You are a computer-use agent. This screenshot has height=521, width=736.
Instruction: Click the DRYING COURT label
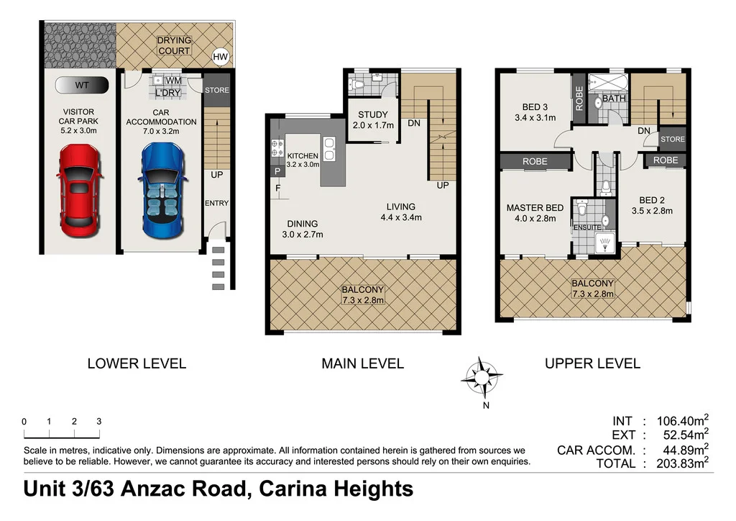click(174, 46)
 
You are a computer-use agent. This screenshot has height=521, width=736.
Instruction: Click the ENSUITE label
click(586, 227)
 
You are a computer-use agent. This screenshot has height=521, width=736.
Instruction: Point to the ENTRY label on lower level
click(216, 204)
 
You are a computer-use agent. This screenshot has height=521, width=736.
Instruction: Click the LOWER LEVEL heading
click(137, 363)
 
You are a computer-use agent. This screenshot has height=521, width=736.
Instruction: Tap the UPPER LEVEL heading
click(592, 363)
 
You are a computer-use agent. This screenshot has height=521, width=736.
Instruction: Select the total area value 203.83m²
click(678, 464)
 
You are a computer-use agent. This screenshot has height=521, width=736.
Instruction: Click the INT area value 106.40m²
click(678, 422)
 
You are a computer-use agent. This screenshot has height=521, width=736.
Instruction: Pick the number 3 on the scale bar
click(98, 422)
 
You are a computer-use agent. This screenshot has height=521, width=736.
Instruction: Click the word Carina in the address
click(294, 489)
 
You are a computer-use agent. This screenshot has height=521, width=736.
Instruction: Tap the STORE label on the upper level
click(672, 140)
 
